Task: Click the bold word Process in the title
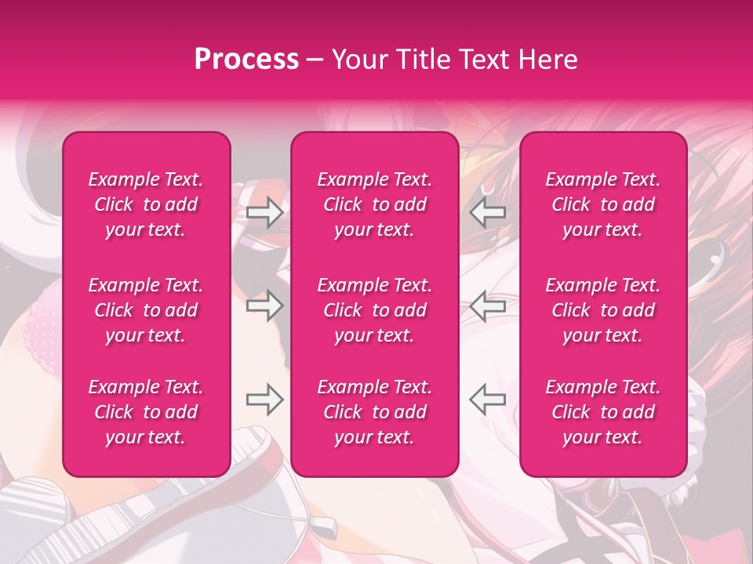click(246, 60)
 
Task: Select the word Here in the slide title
click(548, 60)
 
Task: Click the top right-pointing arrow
click(264, 212)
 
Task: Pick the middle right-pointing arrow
click(264, 305)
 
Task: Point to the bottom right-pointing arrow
click(264, 399)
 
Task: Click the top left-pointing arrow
click(488, 212)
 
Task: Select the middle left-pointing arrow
click(488, 305)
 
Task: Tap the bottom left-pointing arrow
click(488, 399)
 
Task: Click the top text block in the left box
click(146, 204)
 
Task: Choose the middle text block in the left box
click(146, 310)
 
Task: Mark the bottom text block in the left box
click(146, 412)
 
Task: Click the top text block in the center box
click(375, 204)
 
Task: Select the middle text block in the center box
click(375, 310)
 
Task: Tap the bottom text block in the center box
click(375, 412)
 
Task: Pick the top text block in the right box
click(603, 204)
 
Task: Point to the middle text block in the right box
click(603, 310)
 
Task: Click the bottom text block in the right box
click(603, 412)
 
